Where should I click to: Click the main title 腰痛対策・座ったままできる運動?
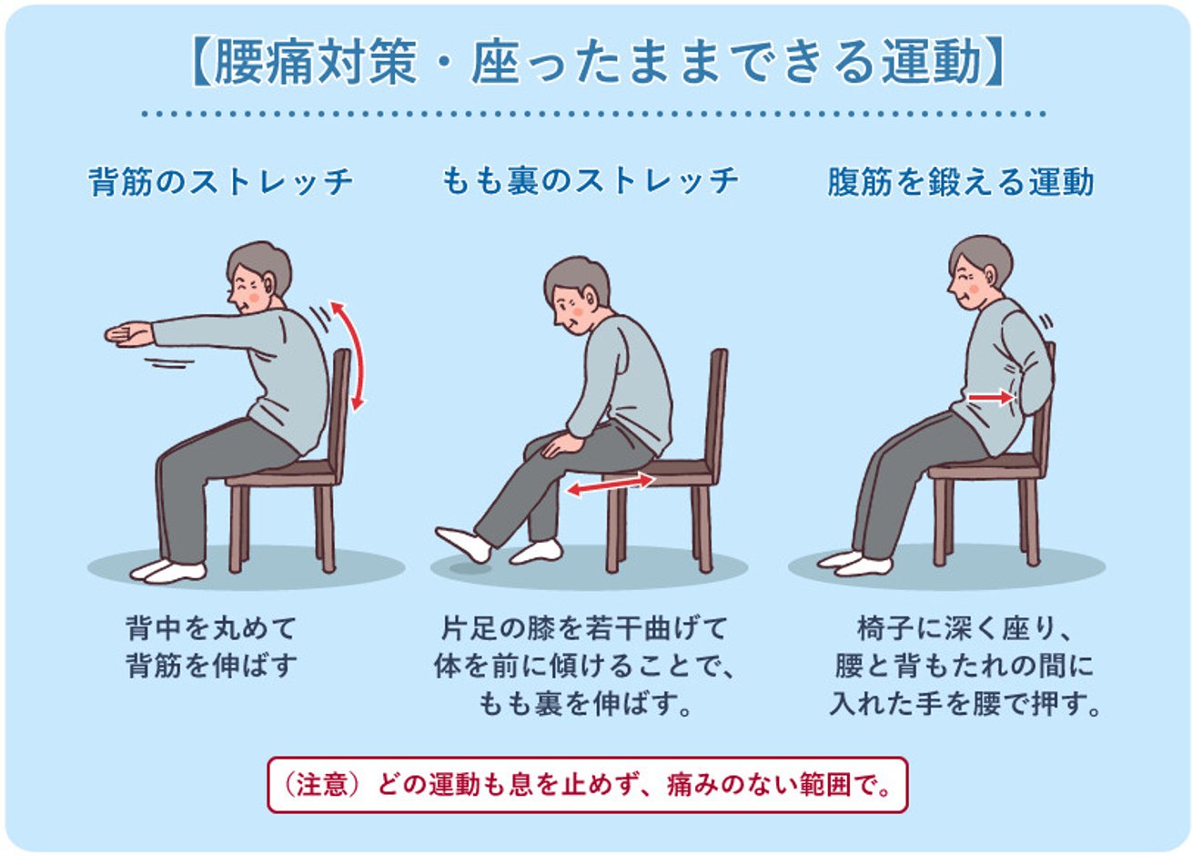597,63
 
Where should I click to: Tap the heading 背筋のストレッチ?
221,181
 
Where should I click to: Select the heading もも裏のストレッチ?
590,180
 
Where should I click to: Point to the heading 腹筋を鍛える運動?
960,182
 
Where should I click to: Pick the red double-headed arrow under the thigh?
610,484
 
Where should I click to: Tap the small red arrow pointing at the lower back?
991,397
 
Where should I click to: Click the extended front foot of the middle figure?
463,544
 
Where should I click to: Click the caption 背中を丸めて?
211,628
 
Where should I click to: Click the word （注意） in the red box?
316,785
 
